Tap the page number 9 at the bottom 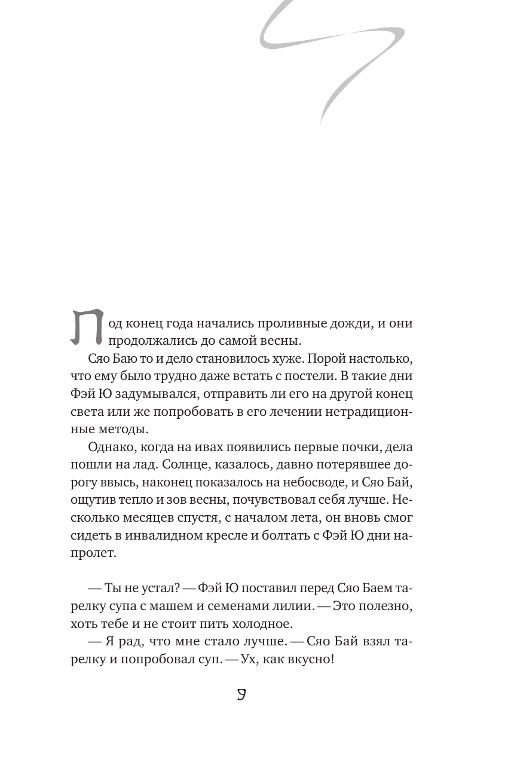coord(241,694)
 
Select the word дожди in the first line coord(350,324)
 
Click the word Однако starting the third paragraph coord(109,447)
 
